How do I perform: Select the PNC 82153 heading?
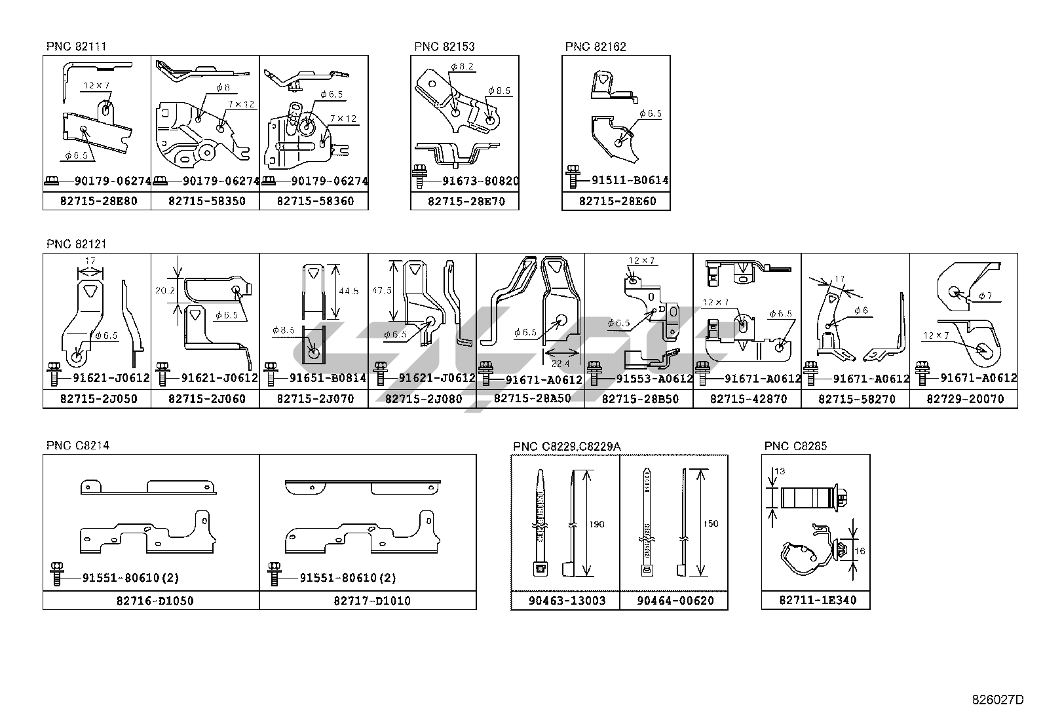[444, 47]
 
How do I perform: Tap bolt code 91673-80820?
[471, 181]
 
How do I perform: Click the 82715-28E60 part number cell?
[616, 200]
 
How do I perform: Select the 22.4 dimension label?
[560, 364]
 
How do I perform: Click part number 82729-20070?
[964, 398]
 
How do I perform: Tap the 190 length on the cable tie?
[596, 524]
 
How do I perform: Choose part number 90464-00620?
[675, 600]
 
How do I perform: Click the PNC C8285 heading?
[795, 446]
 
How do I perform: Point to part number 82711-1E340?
[816, 599]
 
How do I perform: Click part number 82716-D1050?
[153, 600]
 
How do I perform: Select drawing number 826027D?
[997, 700]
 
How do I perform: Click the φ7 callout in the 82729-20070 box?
[985, 295]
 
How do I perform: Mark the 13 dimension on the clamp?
[779, 471]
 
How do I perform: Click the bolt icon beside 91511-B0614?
[573, 177]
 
